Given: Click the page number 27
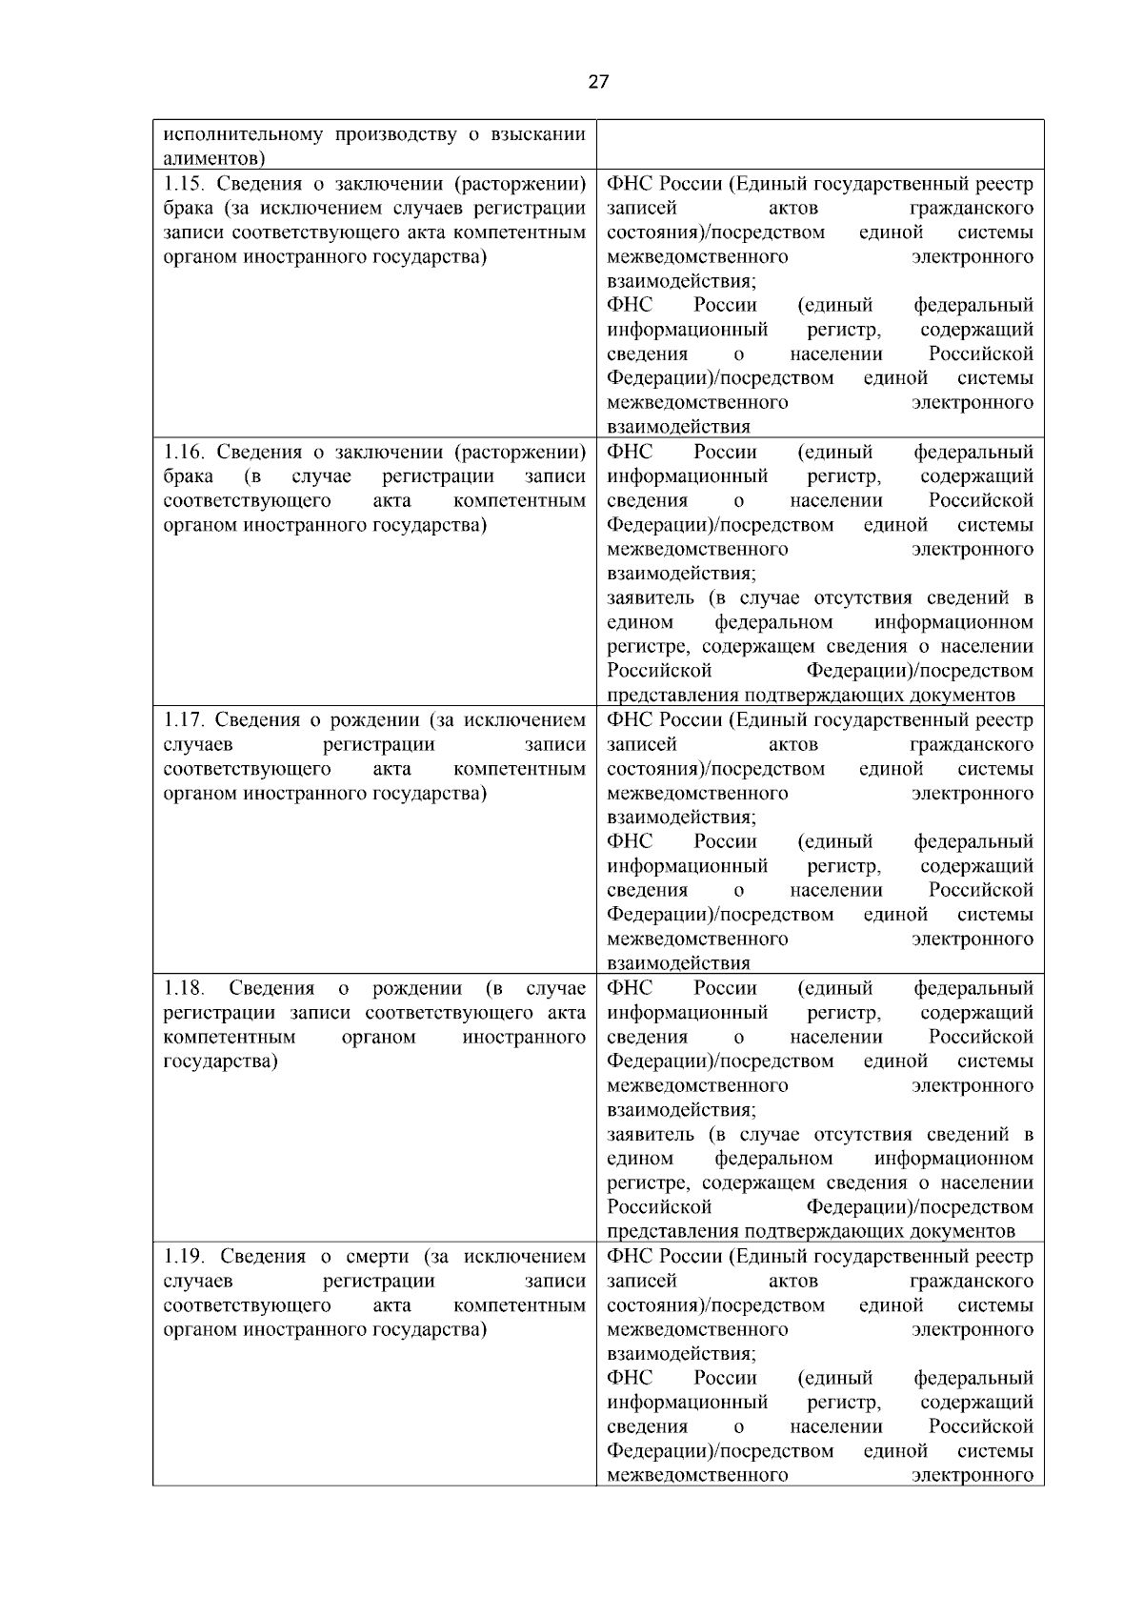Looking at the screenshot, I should pos(598,82).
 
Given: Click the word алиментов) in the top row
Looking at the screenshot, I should pos(215,157).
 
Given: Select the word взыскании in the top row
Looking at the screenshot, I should pos(538,133).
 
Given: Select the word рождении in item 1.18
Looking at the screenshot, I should pos(417,988).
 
